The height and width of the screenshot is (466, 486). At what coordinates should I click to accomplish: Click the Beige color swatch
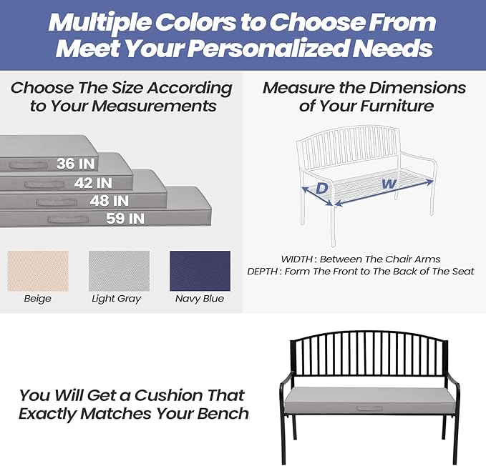click(x=37, y=271)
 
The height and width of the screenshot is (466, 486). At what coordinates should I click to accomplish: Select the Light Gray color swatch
click(x=119, y=271)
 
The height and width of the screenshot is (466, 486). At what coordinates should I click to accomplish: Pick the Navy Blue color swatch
click(x=200, y=271)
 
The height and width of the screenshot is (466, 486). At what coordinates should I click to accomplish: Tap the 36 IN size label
click(x=76, y=164)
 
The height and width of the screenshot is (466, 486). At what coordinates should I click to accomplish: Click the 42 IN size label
click(x=94, y=183)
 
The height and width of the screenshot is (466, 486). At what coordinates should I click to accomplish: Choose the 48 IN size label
click(x=110, y=201)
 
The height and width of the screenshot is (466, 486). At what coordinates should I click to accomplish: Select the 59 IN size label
click(x=125, y=219)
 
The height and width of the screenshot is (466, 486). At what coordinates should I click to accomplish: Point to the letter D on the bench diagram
click(x=322, y=188)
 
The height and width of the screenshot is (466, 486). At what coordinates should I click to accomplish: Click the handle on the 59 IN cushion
click(x=61, y=219)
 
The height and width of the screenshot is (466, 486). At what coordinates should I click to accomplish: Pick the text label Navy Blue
click(x=200, y=299)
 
